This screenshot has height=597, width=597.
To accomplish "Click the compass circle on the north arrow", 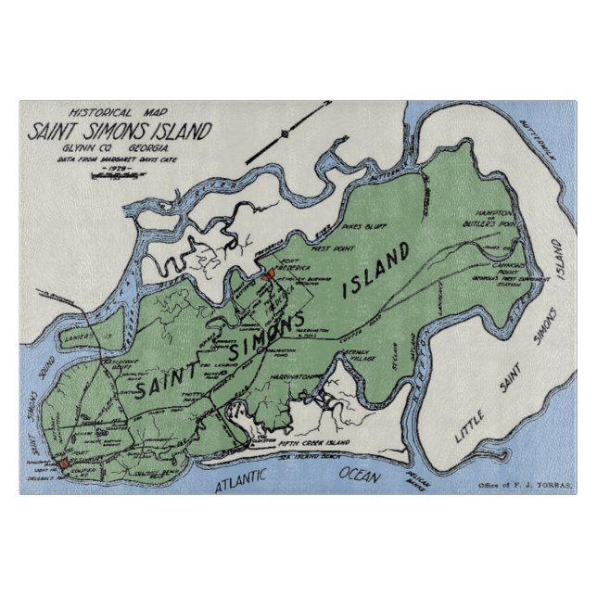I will click(x=285, y=134).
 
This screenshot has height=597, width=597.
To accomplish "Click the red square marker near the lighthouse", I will click(x=63, y=463).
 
